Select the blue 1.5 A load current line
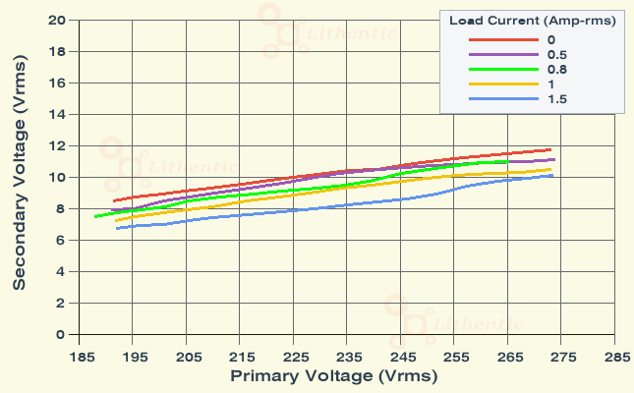click(x=295, y=211)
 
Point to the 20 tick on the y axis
click(x=57, y=21)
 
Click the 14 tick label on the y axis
click(x=57, y=115)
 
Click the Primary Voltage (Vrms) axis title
click(x=333, y=376)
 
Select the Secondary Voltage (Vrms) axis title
click(x=20, y=178)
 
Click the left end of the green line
click(x=95, y=216)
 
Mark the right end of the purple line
click(x=555, y=159)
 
